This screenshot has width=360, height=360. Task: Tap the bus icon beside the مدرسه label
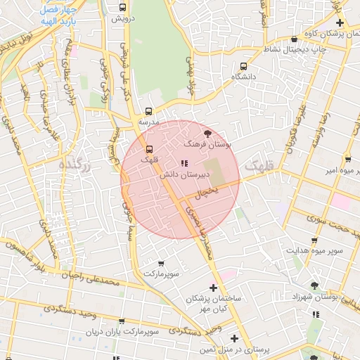pyautogui.click(x=148, y=111)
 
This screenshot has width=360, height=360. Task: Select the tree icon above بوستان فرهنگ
pyautogui.click(x=207, y=132)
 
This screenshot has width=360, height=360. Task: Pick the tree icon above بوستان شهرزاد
pyautogui.click(x=314, y=285)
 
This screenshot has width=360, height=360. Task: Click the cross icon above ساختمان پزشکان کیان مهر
pyautogui.click(x=213, y=287)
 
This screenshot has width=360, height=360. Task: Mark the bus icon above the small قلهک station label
pyautogui.click(x=149, y=149)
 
